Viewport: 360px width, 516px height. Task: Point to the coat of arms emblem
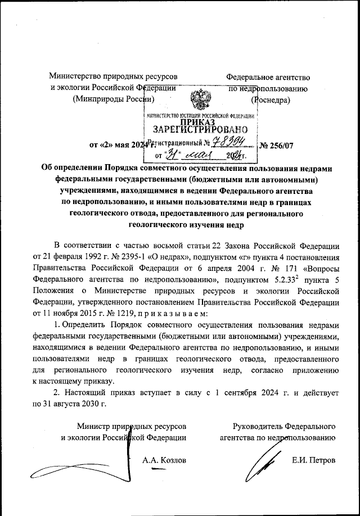click(200, 101)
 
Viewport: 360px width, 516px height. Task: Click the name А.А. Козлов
click(164, 460)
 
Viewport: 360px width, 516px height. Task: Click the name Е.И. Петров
click(314, 460)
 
